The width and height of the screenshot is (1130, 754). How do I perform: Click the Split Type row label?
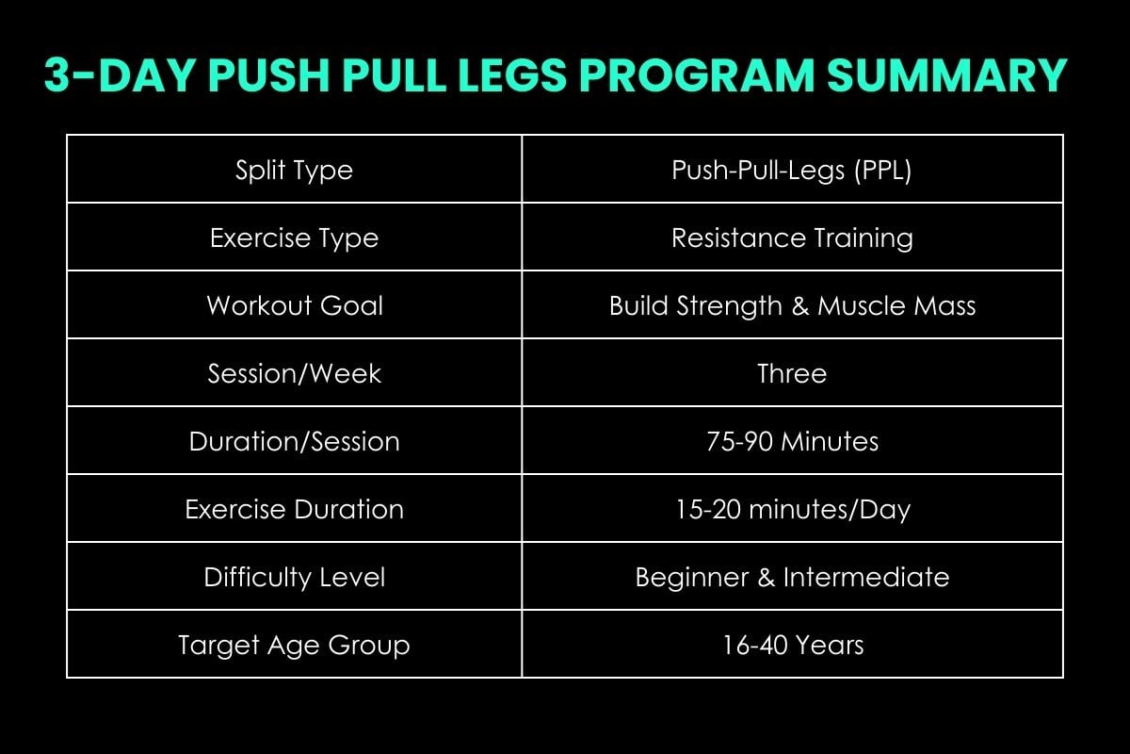coord(294,171)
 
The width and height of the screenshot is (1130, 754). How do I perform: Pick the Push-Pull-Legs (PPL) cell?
coord(792,171)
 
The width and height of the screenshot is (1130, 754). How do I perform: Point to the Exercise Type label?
coord(294,238)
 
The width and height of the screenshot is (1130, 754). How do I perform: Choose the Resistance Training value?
coord(792,238)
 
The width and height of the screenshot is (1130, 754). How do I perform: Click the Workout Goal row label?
coord(294,306)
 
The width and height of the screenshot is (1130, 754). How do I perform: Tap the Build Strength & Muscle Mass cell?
coord(792,306)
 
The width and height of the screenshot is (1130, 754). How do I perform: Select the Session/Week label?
coord(294,373)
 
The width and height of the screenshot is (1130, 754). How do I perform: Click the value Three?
coord(792,373)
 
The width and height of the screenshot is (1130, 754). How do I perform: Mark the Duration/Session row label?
coord(294,441)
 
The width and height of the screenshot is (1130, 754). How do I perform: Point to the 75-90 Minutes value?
coord(792,441)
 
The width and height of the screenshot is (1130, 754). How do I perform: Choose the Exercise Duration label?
coord(294,509)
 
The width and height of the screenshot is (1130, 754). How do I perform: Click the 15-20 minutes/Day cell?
coord(792,509)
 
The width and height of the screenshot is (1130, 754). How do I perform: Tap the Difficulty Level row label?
coord(294,577)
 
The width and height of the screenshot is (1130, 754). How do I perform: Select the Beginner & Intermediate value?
coord(792,577)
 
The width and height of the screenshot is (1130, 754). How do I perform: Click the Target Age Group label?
coord(294,645)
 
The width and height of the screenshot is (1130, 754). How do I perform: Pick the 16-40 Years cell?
coord(792,645)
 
